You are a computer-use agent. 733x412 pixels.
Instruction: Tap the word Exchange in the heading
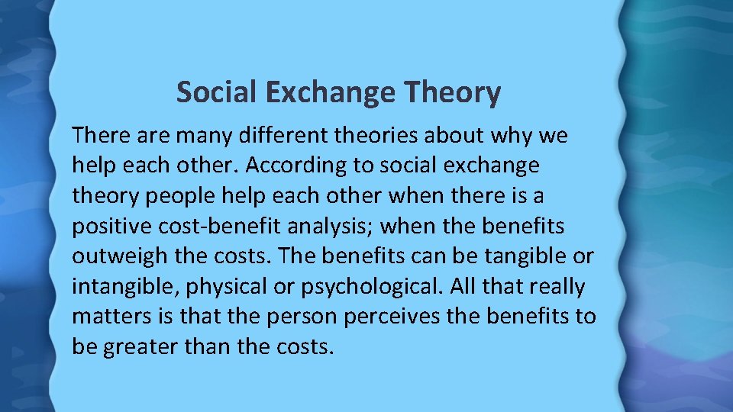[x=331, y=93]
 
